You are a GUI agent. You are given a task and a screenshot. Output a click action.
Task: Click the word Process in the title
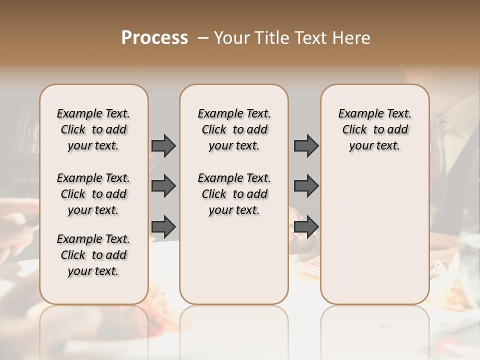pyautogui.click(x=154, y=38)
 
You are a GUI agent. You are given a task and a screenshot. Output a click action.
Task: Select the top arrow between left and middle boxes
pyautogui.click(x=163, y=145)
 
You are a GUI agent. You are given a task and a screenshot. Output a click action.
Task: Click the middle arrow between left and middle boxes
pyautogui.click(x=163, y=186)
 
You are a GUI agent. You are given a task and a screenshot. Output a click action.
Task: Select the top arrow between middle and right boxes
pyautogui.click(x=306, y=145)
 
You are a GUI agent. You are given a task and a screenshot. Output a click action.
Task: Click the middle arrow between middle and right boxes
pyautogui.click(x=306, y=186)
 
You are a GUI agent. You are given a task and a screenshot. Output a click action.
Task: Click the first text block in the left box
pyautogui.click(x=93, y=129)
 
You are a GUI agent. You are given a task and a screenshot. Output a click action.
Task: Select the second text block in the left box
pyautogui.click(x=93, y=194)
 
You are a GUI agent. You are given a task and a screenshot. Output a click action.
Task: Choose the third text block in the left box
pyautogui.click(x=93, y=255)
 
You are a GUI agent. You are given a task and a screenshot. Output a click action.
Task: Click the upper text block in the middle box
pyautogui.click(x=234, y=129)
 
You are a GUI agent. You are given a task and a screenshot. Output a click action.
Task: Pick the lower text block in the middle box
pyautogui.click(x=234, y=194)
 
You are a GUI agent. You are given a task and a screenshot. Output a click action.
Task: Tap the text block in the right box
pyautogui.click(x=375, y=129)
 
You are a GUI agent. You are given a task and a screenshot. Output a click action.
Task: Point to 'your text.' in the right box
pyautogui.click(x=375, y=146)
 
